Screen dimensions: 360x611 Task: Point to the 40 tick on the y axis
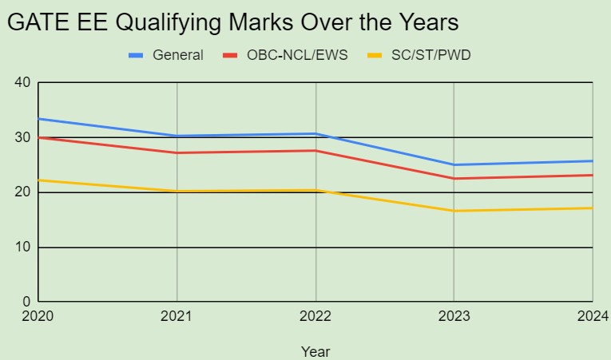pyautogui.click(x=22, y=82)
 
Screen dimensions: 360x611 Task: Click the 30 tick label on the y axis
pyautogui.click(x=22, y=137)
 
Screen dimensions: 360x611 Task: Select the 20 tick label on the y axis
pyautogui.click(x=22, y=192)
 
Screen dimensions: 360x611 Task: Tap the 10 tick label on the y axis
pyautogui.click(x=22, y=247)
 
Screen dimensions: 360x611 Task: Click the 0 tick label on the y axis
pyautogui.click(x=26, y=303)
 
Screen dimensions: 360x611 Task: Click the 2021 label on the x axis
pyautogui.click(x=177, y=317)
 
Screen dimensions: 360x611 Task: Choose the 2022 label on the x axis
pyautogui.click(x=315, y=317)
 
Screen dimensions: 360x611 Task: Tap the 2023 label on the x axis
pyautogui.click(x=454, y=317)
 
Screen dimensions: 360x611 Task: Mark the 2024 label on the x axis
pyautogui.click(x=592, y=317)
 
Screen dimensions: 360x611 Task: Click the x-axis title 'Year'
pyautogui.click(x=315, y=350)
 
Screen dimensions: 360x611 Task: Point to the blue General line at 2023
pyautogui.click(x=454, y=165)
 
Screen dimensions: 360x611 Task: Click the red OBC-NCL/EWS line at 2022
pyautogui.click(x=315, y=150)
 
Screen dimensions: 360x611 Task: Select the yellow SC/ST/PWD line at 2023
pyautogui.click(x=454, y=211)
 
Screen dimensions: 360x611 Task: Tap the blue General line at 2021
pyautogui.click(x=177, y=136)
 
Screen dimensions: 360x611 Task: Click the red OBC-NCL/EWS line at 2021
pyautogui.click(x=177, y=152)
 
